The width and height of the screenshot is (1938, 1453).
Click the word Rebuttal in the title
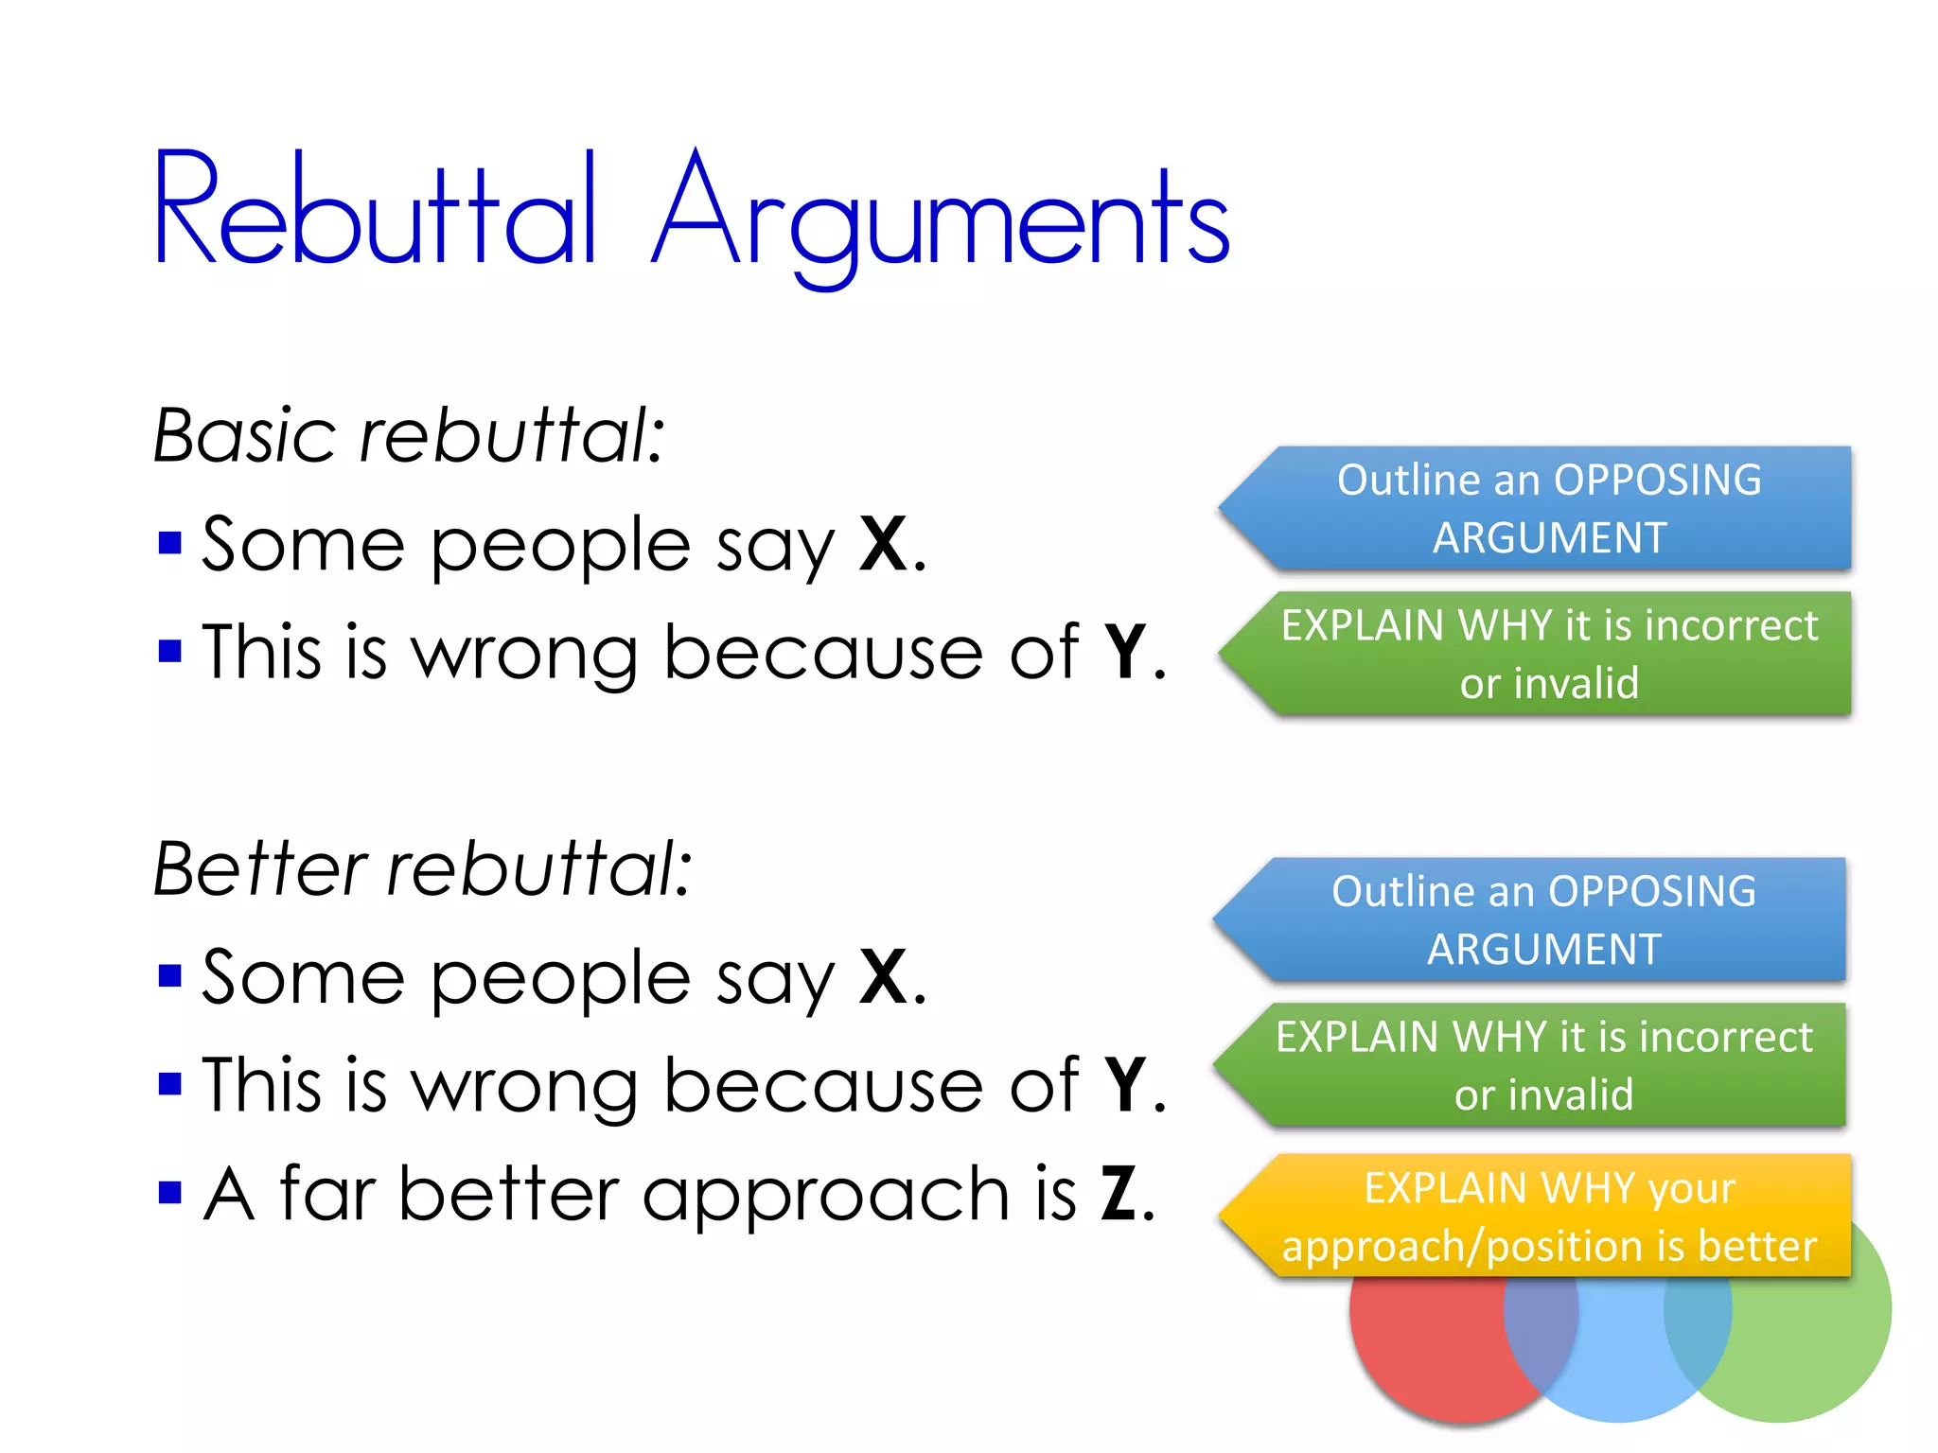point(375,210)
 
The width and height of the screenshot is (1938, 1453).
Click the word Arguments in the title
point(941,216)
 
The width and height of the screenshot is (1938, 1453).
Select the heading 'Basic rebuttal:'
point(409,436)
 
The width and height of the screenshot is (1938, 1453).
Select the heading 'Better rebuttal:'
point(422,868)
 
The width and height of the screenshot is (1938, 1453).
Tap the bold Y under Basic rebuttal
point(1126,652)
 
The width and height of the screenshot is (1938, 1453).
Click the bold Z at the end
point(1119,1194)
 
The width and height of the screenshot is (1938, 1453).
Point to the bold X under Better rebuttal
point(883,977)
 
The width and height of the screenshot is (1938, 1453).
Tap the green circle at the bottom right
point(1817,1343)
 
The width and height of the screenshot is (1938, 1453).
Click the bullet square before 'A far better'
point(170,1193)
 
